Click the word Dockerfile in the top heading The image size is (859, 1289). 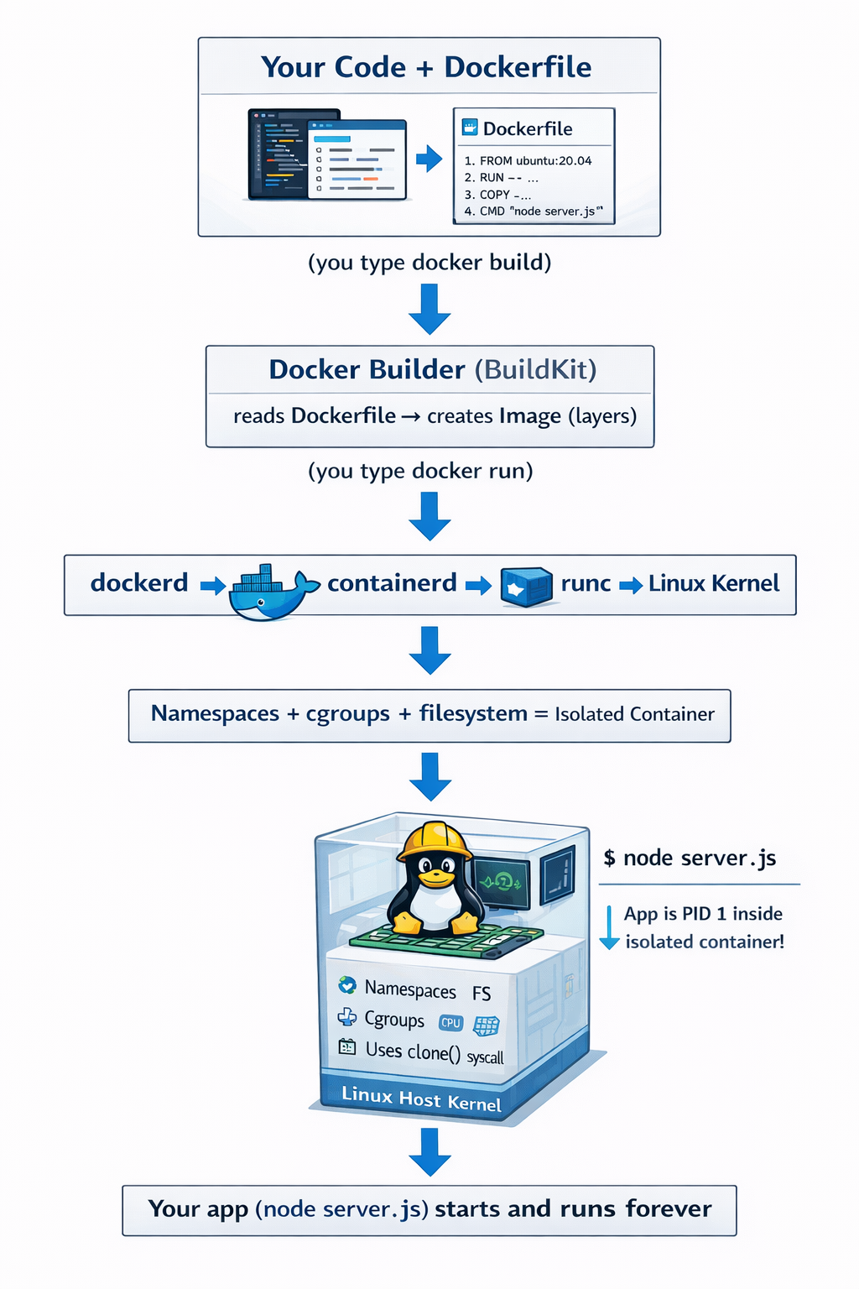(518, 67)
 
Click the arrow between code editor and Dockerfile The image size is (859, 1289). (429, 158)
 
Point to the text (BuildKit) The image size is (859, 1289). (535, 370)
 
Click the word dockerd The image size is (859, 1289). (139, 583)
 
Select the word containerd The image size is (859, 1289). (392, 583)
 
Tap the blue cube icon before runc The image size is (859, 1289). (526, 587)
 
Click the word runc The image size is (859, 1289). (586, 583)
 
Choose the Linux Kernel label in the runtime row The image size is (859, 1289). (714, 583)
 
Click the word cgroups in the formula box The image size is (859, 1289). (347, 714)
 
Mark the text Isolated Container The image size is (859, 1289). (634, 714)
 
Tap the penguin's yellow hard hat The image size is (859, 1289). (434, 840)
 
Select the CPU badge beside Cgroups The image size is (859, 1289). (450, 1022)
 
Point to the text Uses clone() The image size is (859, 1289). (413, 1051)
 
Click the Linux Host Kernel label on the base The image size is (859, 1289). (421, 1099)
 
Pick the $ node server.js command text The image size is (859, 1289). (690, 858)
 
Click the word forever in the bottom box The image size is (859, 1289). (668, 1209)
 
